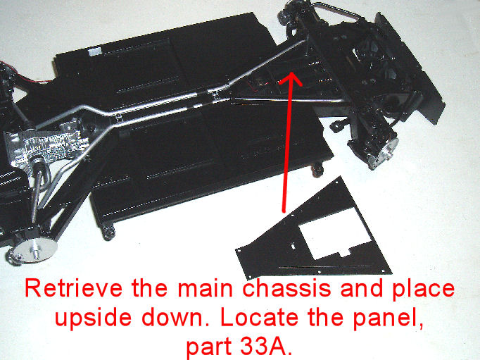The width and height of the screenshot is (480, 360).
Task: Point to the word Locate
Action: click(260, 317)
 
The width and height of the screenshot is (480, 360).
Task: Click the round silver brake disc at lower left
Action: click(34, 249)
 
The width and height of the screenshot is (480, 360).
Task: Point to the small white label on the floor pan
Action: click(96, 51)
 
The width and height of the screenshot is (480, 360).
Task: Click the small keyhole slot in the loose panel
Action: click(293, 246)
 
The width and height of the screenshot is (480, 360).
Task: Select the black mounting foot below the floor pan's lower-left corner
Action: click(108, 232)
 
